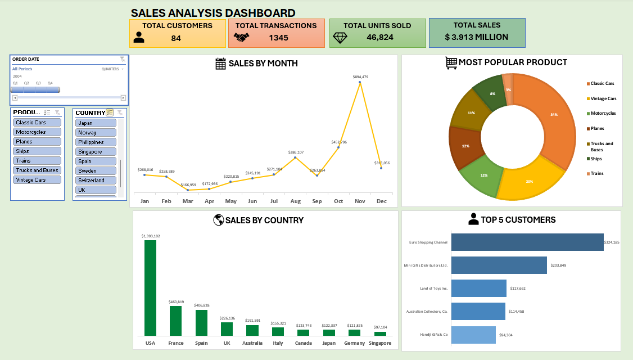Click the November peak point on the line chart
click(x=360, y=82)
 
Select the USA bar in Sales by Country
click(x=150, y=288)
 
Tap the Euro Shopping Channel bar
click(x=527, y=242)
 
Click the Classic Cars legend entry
click(x=602, y=83)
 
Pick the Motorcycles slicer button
click(x=37, y=132)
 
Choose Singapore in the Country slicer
click(x=96, y=152)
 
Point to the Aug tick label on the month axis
click(x=295, y=201)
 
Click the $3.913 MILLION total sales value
click(x=476, y=37)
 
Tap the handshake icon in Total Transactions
click(x=242, y=38)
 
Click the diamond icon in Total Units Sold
click(x=341, y=38)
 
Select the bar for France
click(x=175, y=321)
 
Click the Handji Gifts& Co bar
click(x=473, y=335)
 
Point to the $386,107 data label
click(x=296, y=152)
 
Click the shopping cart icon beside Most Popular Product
click(x=451, y=62)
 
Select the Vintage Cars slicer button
click(x=37, y=180)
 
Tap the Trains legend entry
click(x=596, y=173)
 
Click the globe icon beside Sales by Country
click(x=219, y=220)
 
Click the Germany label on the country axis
click(x=355, y=343)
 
